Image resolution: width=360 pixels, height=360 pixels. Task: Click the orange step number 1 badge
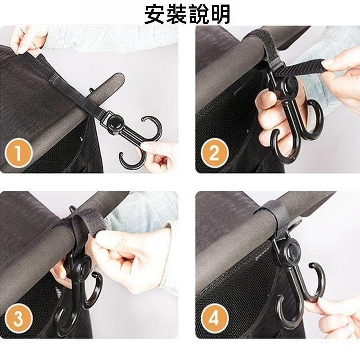coord(18,153)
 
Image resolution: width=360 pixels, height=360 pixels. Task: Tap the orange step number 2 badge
coord(215,153)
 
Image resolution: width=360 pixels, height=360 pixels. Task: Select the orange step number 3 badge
coord(18,318)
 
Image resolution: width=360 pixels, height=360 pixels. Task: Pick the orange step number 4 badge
coord(215,318)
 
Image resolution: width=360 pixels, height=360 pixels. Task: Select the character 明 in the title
coord(220,14)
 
